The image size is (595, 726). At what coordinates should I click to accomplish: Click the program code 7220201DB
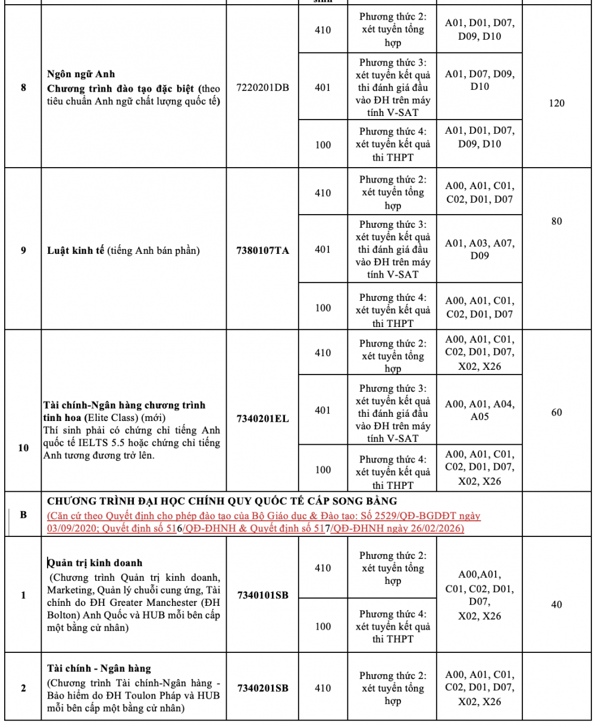[262, 87]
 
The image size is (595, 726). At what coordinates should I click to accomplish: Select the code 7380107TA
[262, 250]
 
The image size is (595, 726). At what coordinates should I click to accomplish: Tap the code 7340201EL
[262, 419]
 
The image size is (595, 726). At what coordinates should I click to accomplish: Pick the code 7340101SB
[262, 595]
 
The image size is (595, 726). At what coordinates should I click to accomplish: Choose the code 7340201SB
[262, 689]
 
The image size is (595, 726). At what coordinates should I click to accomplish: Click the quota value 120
[556, 103]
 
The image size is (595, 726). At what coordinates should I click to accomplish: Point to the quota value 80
[556, 221]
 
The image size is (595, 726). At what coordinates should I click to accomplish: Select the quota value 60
[556, 413]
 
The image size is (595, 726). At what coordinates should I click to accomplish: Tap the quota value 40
[556, 605]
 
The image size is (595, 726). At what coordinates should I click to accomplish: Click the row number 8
[23, 87]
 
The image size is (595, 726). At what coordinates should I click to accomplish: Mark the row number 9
[23, 250]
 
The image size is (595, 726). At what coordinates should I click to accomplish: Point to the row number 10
[23, 448]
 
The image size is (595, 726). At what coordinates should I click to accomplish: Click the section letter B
[23, 514]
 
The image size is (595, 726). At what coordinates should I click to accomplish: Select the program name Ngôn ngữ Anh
[81, 74]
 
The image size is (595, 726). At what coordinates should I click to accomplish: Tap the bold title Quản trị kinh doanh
[95, 562]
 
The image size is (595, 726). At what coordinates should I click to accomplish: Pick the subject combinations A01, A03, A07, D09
[480, 249]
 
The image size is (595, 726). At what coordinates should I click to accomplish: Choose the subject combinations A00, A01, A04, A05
[480, 410]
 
